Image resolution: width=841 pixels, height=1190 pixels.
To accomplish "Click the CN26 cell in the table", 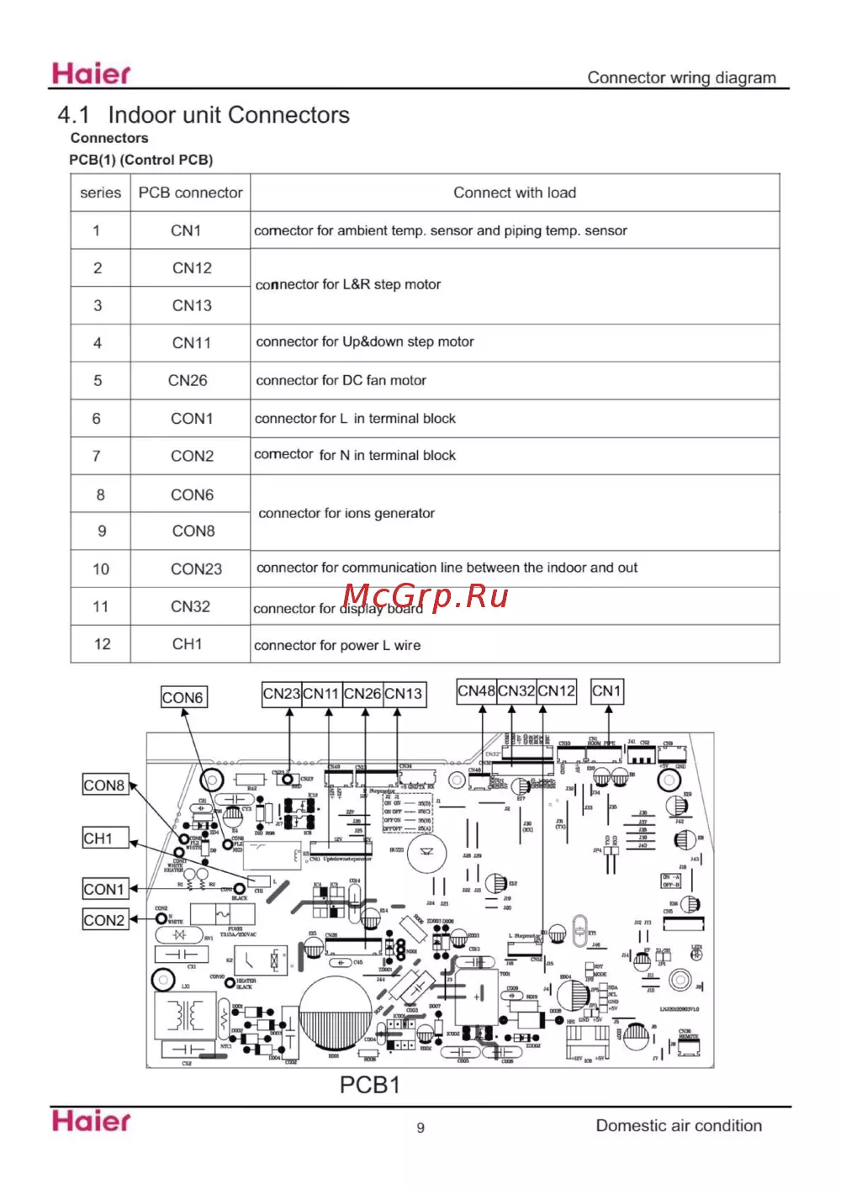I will click(x=188, y=380).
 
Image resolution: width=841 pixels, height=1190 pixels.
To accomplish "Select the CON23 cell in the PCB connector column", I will click(x=196, y=569).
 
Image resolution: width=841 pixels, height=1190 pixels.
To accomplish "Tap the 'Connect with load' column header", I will click(x=515, y=193).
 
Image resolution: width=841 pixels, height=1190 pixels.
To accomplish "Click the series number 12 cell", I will click(x=102, y=644).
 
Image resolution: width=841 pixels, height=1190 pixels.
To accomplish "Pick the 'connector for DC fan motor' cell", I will click(x=341, y=380).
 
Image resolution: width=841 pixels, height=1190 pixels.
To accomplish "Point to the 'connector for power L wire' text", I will click(x=337, y=646).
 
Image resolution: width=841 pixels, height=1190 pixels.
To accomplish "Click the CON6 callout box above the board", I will click(x=182, y=697).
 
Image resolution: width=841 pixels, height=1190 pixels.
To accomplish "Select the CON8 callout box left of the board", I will click(x=104, y=785).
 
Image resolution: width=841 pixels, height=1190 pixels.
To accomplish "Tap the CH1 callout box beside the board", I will click(x=98, y=838).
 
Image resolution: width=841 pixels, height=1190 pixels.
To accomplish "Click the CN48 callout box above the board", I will click(x=476, y=691).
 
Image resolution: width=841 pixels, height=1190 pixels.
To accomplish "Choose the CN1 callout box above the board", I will click(x=606, y=691).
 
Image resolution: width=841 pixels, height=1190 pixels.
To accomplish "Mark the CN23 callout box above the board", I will click(x=282, y=694).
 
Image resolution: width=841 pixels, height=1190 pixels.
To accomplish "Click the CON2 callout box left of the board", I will click(x=104, y=920).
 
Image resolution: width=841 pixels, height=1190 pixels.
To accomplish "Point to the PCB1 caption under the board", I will click(x=369, y=1085).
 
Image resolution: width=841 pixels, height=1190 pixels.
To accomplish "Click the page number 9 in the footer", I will click(x=420, y=1128).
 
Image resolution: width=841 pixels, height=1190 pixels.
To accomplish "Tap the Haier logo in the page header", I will click(x=92, y=74).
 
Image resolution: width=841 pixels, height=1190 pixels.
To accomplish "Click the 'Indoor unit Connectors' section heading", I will click(x=228, y=115).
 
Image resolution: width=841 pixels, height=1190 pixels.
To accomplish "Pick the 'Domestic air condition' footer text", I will click(x=679, y=1126).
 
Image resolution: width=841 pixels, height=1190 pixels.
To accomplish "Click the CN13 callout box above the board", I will click(x=404, y=694).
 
